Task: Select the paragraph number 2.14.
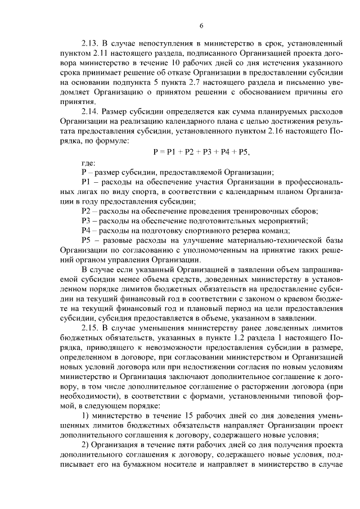[90, 111]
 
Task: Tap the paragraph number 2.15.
[90, 328]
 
